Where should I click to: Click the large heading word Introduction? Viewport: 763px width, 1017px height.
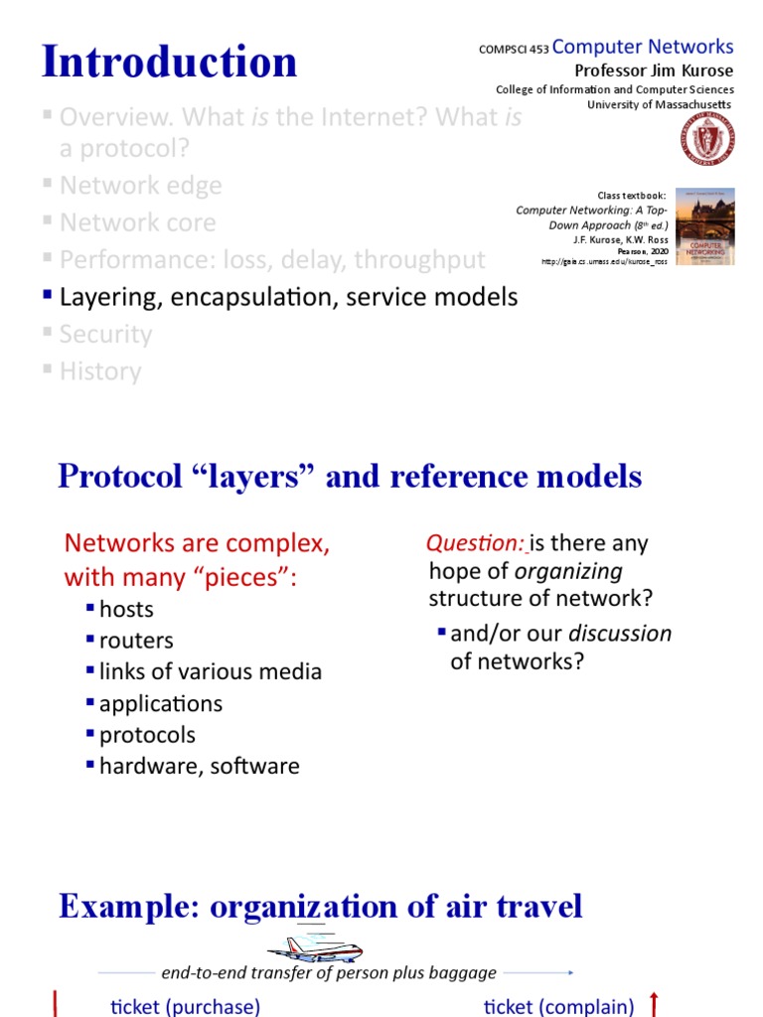pyautogui.click(x=169, y=62)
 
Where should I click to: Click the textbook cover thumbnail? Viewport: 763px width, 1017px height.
pyautogui.click(x=704, y=226)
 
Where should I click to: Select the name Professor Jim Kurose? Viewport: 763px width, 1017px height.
pyautogui.click(x=654, y=71)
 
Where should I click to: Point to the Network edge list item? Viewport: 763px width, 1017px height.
pyautogui.click(x=140, y=186)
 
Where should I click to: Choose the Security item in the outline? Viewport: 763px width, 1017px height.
pyautogui.click(x=105, y=334)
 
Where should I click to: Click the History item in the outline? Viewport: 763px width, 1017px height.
pyautogui.click(x=100, y=371)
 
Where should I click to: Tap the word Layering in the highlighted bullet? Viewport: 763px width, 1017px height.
pyautogui.click(x=107, y=297)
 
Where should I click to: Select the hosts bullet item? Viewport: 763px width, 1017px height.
pyautogui.click(x=126, y=609)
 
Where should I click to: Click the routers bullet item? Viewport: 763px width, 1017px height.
pyautogui.click(x=136, y=641)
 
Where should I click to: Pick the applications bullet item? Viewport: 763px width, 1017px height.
pyautogui.click(x=161, y=703)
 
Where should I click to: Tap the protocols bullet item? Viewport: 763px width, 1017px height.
pyautogui.click(x=147, y=735)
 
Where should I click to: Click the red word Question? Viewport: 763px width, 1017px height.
pyautogui.click(x=475, y=543)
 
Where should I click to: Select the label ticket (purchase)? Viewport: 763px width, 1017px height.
pyautogui.click(x=186, y=1006)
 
